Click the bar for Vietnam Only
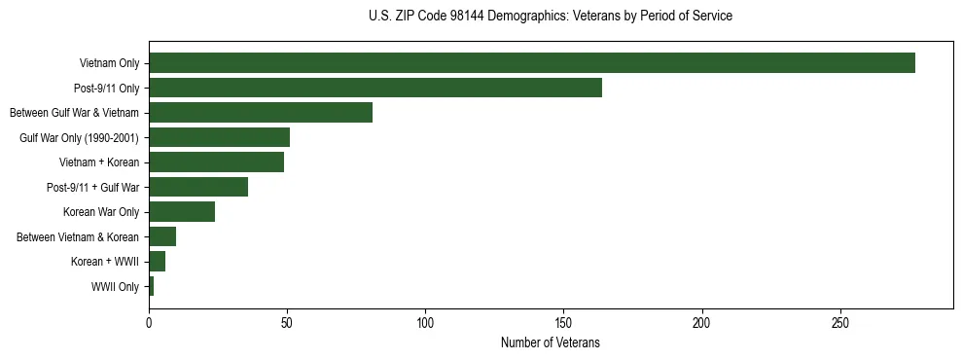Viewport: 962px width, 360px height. click(x=532, y=63)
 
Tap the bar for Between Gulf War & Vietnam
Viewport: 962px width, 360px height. click(x=261, y=113)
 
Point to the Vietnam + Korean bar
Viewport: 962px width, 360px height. click(x=216, y=162)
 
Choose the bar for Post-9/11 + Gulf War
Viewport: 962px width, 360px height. click(x=198, y=187)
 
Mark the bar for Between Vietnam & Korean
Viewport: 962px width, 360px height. click(x=162, y=236)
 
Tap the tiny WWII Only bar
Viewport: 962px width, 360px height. click(x=152, y=286)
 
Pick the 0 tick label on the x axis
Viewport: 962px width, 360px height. click(x=149, y=322)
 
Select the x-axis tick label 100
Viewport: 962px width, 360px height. click(x=425, y=322)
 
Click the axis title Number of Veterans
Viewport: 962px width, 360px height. click(x=550, y=342)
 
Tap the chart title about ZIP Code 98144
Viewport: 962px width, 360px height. click(x=550, y=17)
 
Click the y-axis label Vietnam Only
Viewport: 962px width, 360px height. click(x=109, y=64)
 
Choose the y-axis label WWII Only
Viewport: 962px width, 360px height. click(x=115, y=287)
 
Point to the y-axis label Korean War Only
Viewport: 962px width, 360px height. click(x=101, y=212)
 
